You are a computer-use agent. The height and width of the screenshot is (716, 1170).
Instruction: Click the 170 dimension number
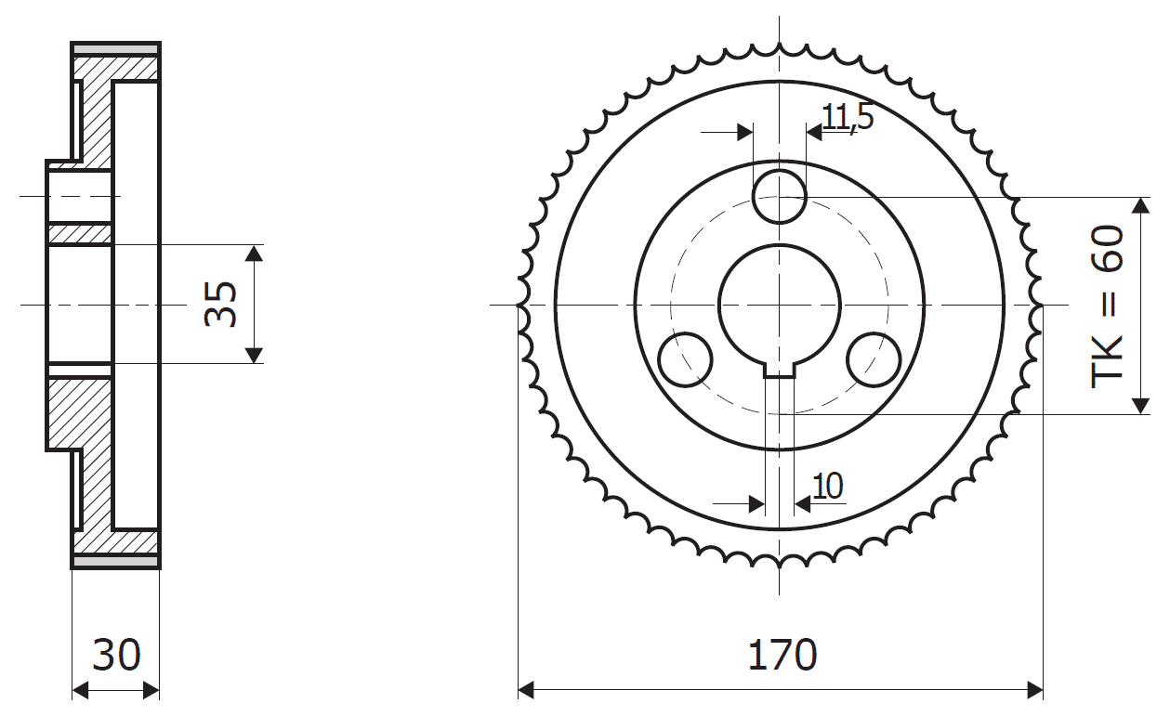[782, 655]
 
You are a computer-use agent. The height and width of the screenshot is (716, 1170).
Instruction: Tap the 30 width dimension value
[116, 655]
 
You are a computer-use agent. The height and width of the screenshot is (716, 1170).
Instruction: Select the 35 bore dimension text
[220, 305]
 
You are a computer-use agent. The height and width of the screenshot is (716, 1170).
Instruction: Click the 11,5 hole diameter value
[848, 117]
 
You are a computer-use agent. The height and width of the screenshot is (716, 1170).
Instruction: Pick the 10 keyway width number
[828, 486]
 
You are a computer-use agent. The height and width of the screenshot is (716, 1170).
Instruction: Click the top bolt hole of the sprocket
[780, 197]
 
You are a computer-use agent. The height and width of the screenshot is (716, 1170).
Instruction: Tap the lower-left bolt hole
[685, 359]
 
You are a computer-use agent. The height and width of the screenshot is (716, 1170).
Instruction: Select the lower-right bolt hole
[874, 359]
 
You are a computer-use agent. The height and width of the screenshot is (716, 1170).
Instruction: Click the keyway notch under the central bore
[780, 371]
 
